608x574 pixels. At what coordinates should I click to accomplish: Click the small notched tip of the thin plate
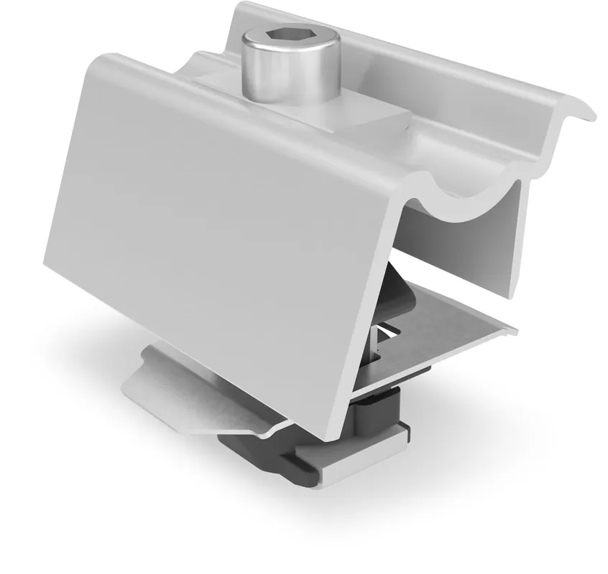[512, 330]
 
